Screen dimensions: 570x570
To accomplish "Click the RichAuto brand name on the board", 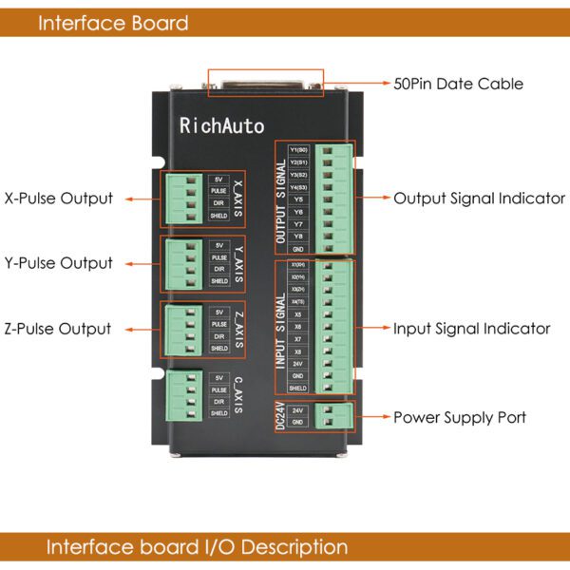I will click(x=222, y=125).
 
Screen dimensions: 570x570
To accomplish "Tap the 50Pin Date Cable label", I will click(x=458, y=84).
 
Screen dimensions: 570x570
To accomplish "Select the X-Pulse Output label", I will click(x=59, y=199).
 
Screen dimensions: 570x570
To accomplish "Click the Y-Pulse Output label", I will click(x=59, y=263).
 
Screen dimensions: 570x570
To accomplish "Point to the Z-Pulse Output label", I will click(x=58, y=329).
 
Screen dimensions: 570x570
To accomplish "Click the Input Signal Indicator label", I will click(x=472, y=329).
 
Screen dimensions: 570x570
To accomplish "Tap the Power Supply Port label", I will click(x=460, y=417).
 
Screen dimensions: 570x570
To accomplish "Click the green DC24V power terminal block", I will click(x=334, y=415).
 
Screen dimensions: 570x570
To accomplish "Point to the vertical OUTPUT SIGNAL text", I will click(x=281, y=199).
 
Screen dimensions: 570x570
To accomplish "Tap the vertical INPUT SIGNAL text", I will click(x=281, y=329).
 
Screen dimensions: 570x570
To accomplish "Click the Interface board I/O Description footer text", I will click(x=197, y=547).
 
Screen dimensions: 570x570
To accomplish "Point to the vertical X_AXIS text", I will click(x=237, y=199).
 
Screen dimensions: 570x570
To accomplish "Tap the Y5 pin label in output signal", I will click(x=298, y=199).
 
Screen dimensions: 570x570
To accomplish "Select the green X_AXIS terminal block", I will click(x=182, y=199).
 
